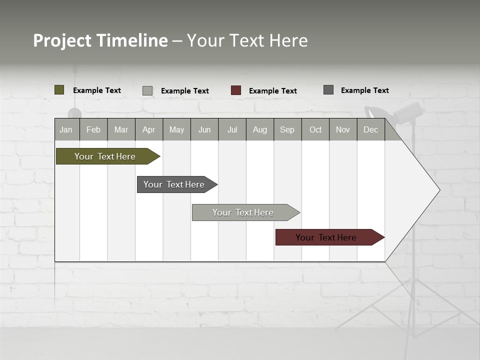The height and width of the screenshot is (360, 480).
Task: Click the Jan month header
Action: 66,129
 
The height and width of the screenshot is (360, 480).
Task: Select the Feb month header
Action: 93,129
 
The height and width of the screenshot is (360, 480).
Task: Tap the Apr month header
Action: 148,129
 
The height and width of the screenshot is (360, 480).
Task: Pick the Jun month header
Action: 204,129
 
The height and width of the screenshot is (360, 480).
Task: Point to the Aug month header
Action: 259,129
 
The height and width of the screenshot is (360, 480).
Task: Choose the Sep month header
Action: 287,129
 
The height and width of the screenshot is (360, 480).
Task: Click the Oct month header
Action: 315,129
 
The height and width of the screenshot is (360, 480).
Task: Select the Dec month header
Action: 370,129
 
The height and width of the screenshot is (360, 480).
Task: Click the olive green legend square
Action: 59,90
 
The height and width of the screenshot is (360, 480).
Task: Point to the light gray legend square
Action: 147,90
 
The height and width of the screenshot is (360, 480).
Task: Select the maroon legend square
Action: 236,90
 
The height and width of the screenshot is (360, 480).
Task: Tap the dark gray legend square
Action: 328,90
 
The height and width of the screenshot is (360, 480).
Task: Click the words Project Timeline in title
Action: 100,40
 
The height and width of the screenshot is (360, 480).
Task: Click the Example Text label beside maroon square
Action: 272,91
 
